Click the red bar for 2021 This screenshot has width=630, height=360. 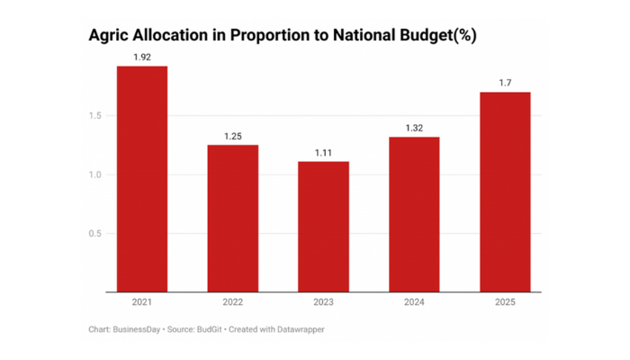pyautogui.click(x=142, y=179)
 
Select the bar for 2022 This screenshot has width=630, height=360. pyautogui.click(x=233, y=219)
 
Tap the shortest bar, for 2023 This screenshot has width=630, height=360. pyautogui.click(x=323, y=227)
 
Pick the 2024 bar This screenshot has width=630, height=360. pyautogui.click(x=414, y=214)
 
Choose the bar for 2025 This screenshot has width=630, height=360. pyautogui.click(x=505, y=192)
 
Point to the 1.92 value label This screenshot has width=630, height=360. pyautogui.click(x=142, y=57)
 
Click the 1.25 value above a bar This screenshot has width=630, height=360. pyautogui.click(x=233, y=136)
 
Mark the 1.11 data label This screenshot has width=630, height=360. pyautogui.click(x=323, y=153)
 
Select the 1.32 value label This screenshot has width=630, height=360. pyautogui.click(x=414, y=128)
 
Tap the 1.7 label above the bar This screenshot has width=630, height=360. pyautogui.click(x=505, y=84)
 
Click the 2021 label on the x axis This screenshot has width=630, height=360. pyautogui.click(x=142, y=302)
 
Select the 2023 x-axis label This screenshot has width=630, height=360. pyautogui.click(x=323, y=302)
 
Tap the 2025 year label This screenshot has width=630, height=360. pyautogui.click(x=505, y=302)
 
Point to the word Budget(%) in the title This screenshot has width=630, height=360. pyautogui.click(x=432, y=37)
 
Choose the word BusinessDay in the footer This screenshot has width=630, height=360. pyautogui.click(x=136, y=329)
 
